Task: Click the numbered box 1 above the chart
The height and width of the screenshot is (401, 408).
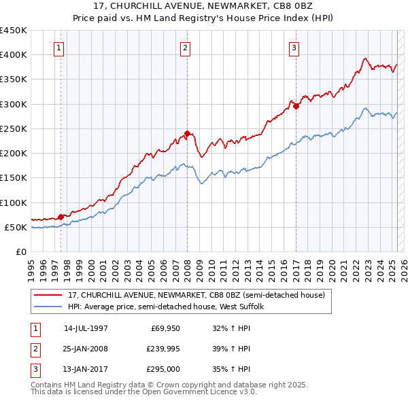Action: pos(60,48)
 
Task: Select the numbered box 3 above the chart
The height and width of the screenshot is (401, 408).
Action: pos(294,48)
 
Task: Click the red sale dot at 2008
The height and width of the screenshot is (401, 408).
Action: pos(187,133)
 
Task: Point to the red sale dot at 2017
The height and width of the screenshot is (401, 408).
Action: pos(296,106)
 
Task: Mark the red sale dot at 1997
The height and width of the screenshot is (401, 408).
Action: pos(61,217)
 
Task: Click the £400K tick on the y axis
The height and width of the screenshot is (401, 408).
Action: pos(14,55)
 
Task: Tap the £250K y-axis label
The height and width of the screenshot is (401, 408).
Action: pos(14,128)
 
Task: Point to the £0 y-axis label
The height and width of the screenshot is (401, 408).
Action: pos(20,251)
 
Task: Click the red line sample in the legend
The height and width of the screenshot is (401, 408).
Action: pos(48,295)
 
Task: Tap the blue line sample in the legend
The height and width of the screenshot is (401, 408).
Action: pos(48,307)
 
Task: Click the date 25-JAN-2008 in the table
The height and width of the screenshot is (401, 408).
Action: pos(86,349)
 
